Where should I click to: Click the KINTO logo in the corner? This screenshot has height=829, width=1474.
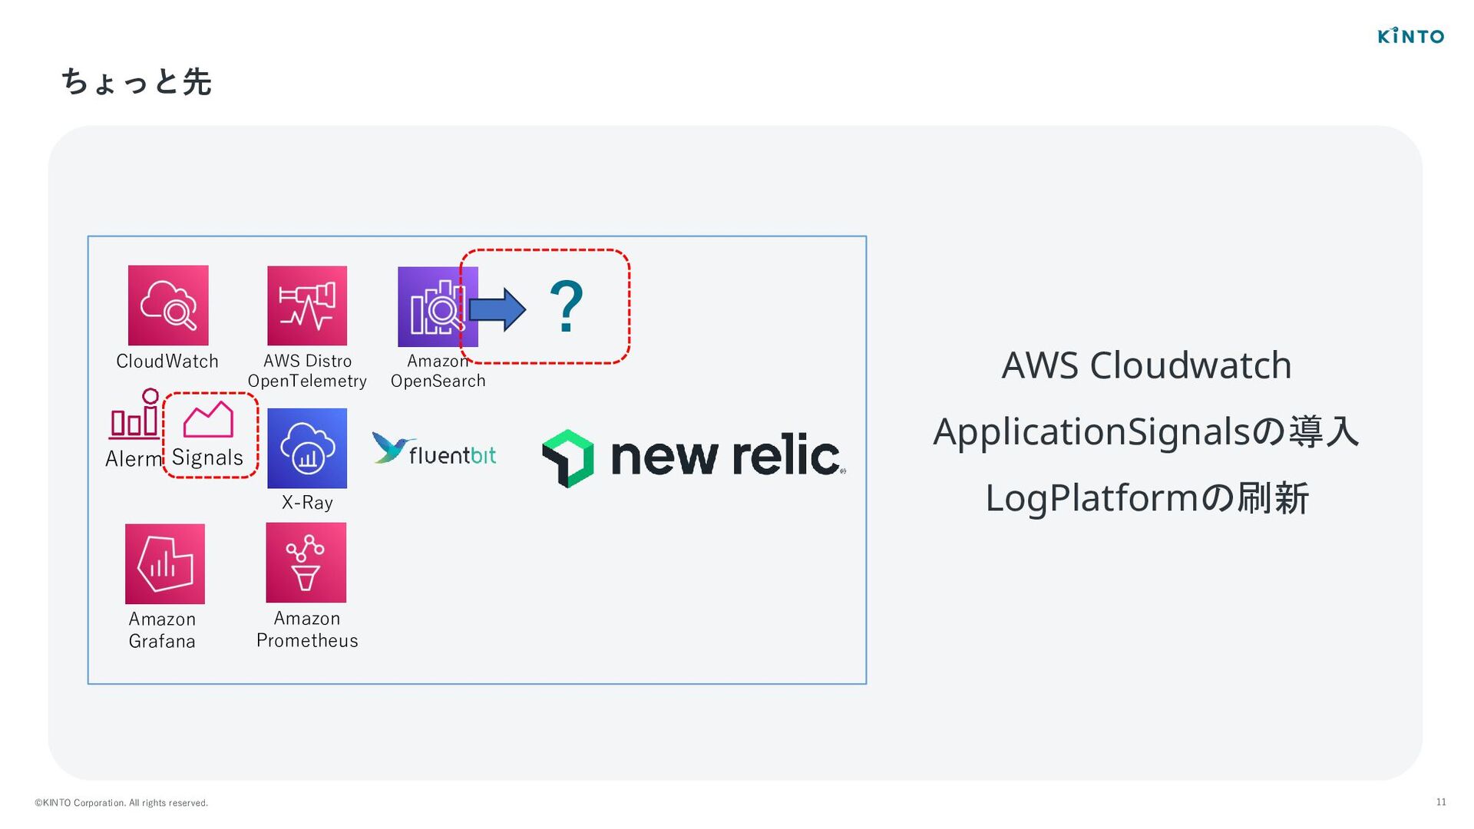tap(1410, 35)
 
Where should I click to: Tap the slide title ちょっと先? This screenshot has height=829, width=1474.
tap(136, 81)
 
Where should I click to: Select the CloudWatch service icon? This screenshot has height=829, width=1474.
tap(168, 306)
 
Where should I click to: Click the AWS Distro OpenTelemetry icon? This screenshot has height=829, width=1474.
tap(307, 306)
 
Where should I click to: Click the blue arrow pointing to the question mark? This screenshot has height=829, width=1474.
tap(497, 309)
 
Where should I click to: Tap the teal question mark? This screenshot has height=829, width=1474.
tap(567, 307)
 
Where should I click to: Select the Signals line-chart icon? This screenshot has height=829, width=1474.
tap(208, 419)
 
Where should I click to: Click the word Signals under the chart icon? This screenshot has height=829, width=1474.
tap(207, 457)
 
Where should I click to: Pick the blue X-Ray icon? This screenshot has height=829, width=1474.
tap(307, 448)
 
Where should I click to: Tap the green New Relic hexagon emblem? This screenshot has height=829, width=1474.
tap(568, 458)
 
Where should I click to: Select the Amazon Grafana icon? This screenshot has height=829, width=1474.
tap(165, 564)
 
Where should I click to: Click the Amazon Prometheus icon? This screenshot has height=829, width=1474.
tap(306, 563)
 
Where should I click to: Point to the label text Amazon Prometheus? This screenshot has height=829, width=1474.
tap(307, 629)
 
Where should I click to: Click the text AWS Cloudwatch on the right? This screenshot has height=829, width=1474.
tap(1146, 365)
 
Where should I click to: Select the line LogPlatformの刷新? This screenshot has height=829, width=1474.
tap(1146, 498)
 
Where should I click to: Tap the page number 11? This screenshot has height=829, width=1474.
tap(1441, 802)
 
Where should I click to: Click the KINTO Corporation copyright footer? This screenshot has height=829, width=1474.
tap(121, 803)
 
